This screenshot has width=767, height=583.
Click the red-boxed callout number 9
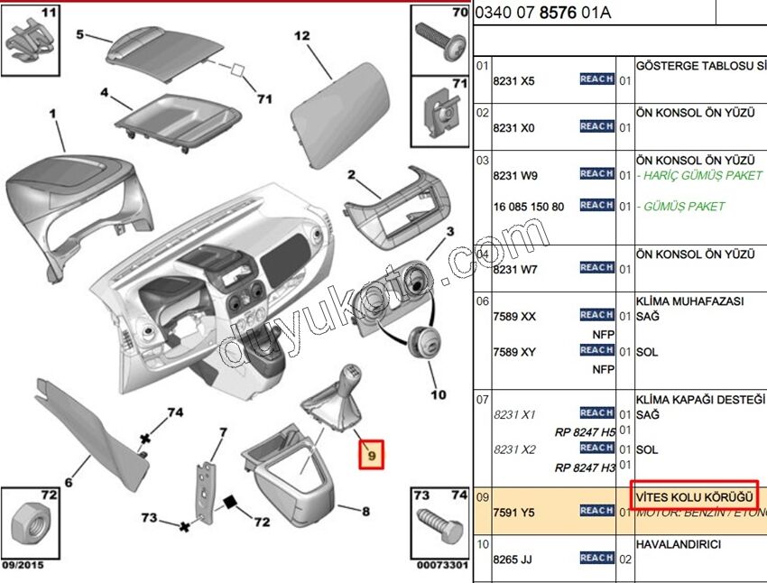pyautogui.click(x=371, y=456)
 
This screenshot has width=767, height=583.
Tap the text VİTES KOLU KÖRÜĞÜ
pyautogui.click(x=694, y=495)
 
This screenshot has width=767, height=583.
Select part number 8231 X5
pyautogui.click(x=513, y=81)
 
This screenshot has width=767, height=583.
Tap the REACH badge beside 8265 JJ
pyautogui.click(x=596, y=558)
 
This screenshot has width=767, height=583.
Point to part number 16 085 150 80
pyautogui.click(x=528, y=207)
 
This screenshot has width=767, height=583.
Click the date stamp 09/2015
pyautogui.click(x=22, y=566)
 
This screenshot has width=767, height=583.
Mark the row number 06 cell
pyautogui.click(x=483, y=301)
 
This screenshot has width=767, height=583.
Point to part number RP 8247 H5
pyautogui.click(x=585, y=431)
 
